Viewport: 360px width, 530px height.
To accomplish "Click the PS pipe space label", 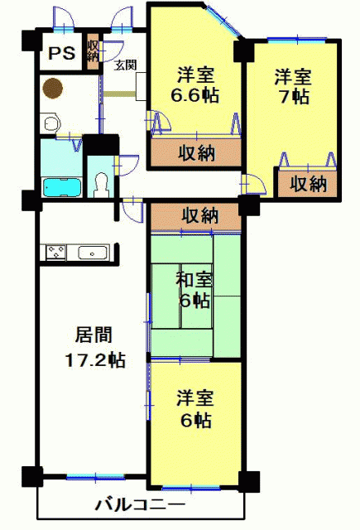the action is click(61, 53).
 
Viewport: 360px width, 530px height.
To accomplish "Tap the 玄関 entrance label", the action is click(125, 65).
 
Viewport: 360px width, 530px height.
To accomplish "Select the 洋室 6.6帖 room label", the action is click(195, 85).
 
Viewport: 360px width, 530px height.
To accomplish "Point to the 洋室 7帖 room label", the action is click(292, 86).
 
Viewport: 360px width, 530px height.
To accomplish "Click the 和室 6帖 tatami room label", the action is click(194, 291).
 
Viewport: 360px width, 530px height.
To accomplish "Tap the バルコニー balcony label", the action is click(140, 505).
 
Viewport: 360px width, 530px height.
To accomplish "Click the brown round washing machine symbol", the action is click(53, 89).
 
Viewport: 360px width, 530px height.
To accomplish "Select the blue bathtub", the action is click(62, 188).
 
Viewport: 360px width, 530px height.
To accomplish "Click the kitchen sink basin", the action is click(93, 253).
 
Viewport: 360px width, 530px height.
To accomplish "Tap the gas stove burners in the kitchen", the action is click(55, 253).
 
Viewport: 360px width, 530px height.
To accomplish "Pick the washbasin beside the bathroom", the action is click(50, 123).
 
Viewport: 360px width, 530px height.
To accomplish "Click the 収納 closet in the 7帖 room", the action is click(308, 184).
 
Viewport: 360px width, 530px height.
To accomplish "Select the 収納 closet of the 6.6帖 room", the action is click(196, 152).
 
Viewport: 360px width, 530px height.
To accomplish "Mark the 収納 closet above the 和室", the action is click(196, 216).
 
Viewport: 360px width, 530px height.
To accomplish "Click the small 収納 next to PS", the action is click(92, 51).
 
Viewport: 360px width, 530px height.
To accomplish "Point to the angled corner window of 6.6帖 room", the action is click(223, 21).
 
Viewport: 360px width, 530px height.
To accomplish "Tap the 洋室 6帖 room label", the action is click(194, 408).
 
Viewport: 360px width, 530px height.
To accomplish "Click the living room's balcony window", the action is click(95, 478).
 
